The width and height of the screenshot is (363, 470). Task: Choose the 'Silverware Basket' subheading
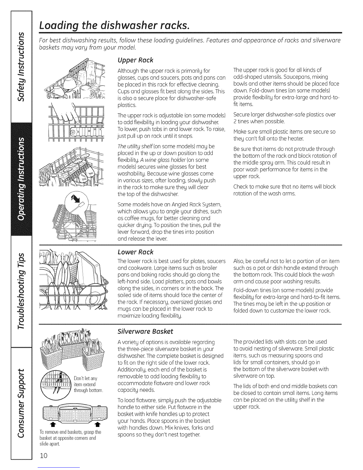145,331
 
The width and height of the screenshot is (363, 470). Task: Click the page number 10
44,455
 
